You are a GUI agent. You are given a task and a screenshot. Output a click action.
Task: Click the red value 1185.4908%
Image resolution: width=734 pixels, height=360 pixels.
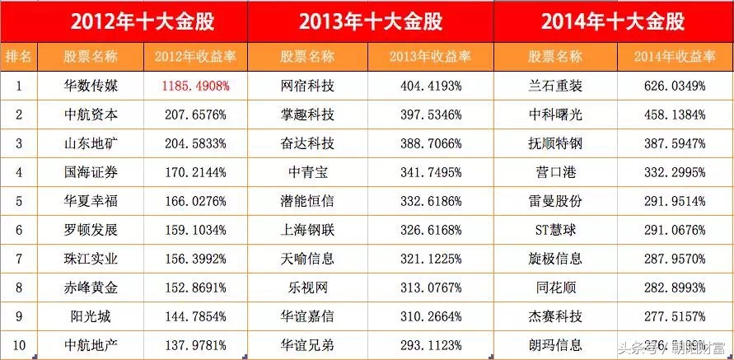[195, 85]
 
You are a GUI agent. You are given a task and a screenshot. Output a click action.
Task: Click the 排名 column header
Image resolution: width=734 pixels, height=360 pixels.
[18, 57]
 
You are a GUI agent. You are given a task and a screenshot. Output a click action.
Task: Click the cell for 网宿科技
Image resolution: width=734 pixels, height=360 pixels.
[307, 85]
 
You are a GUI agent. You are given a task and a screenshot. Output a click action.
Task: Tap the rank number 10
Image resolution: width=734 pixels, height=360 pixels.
[18, 345]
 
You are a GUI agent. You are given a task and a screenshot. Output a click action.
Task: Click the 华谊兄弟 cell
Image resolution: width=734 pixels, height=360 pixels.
[307, 345]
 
